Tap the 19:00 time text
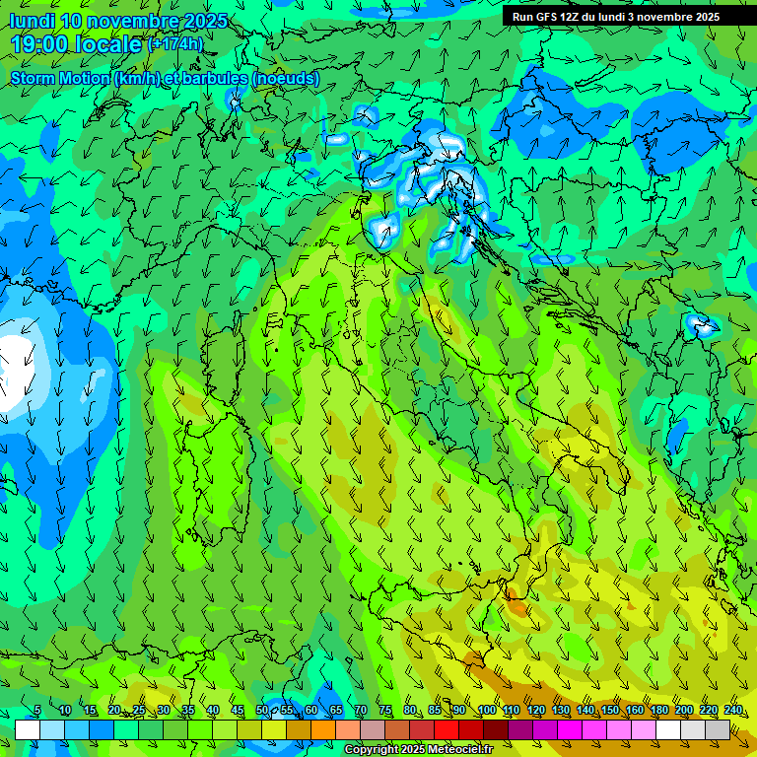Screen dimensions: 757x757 (x=40, y=44)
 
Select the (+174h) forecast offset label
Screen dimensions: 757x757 (x=174, y=44)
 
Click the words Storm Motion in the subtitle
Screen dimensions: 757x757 (x=60, y=78)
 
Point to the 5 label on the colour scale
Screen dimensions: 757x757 (x=37, y=711)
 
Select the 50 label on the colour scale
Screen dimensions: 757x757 (x=262, y=711)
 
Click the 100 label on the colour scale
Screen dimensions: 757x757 (x=486, y=711)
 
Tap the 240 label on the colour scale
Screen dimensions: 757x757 (x=732, y=711)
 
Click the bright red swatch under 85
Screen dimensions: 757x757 (x=447, y=729)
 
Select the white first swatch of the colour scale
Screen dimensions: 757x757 (x=27, y=729)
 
